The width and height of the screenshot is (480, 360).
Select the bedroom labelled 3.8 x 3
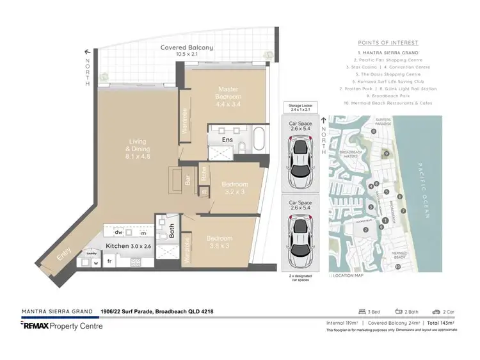[x=219, y=243]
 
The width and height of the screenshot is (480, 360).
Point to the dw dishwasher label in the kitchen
[x=119, y=233]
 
